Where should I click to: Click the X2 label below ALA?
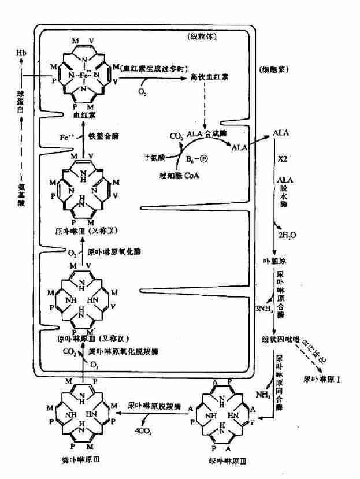click(283, 158)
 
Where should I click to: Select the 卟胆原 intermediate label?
click(275, 261)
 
